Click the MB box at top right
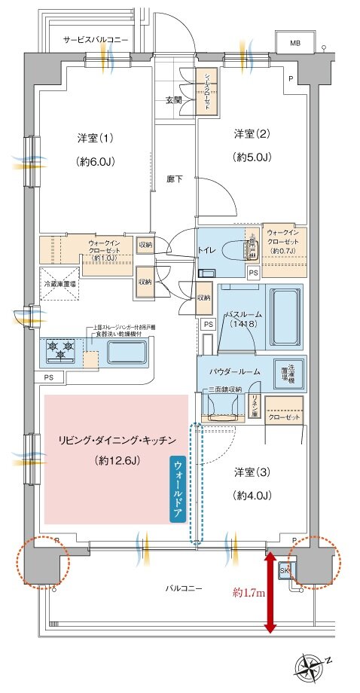pos(294,43)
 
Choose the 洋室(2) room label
pos(252,134)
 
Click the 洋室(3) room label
pos(252,472)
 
